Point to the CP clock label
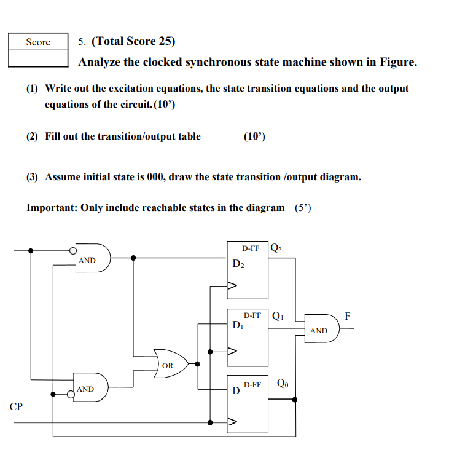click(x=17, y=406)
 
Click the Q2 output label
click(x=276, y=248)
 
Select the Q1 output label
click(x=277, y=316)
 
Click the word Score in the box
click(x=38, y=42)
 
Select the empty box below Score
click(x=38, y=58)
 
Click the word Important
click(x=51, y=207)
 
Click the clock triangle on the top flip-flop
click(x=232, y=285)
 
